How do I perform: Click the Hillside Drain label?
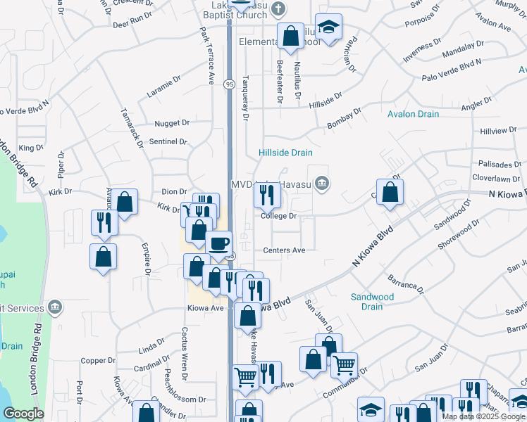tap(285, 153)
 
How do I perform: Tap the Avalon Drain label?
tap(413, 114)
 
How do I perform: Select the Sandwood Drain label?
tap(372, 302)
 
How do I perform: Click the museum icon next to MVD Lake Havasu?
tap(321, 184)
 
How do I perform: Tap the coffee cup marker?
tap(219, 243)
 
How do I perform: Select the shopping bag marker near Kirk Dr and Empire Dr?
tap(125, 202)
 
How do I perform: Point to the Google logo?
tap(23, 414)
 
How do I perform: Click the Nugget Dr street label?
tap(173, 122)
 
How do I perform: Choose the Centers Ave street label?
tap(284, 250)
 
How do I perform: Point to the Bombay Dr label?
tap(344, 118)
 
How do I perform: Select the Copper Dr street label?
tap(98, 361)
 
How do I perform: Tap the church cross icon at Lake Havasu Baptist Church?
tap(279, 10)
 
